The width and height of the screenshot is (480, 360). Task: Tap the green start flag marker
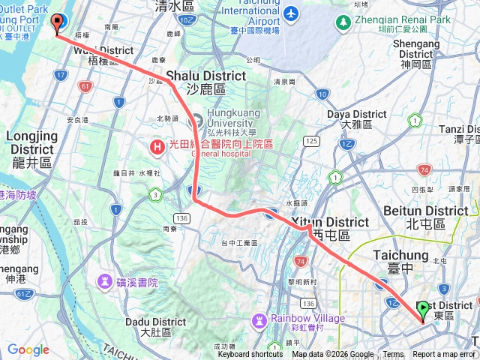point(422,309)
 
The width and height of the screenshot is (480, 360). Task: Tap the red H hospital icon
point(157,146)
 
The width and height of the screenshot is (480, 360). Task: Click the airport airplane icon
point(290,15)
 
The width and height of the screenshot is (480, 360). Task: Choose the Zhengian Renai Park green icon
point(343,22)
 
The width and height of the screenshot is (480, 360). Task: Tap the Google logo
point(28,350)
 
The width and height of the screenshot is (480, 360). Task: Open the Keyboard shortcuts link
point(250,355)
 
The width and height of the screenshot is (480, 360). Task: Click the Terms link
point(393,355)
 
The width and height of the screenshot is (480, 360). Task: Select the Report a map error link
point(444,355)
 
